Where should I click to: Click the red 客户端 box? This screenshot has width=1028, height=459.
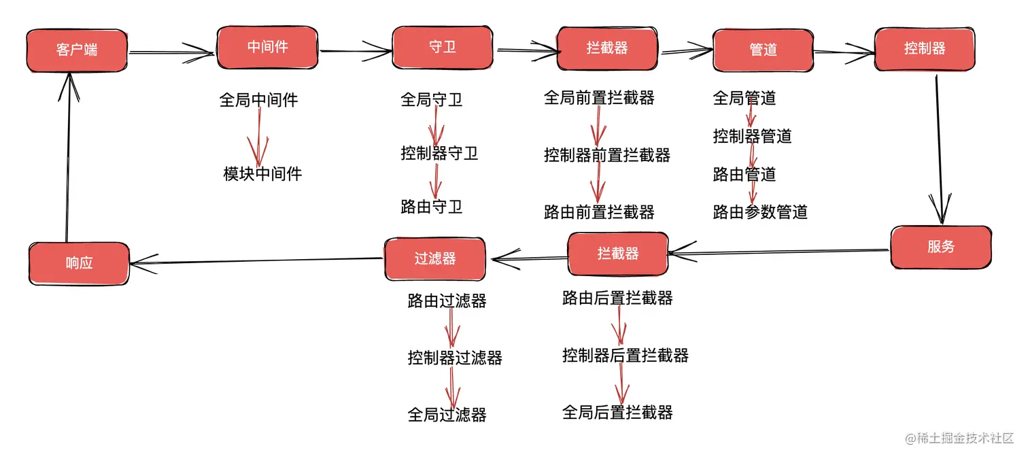point(77,50)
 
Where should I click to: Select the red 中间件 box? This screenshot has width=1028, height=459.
point(268,48)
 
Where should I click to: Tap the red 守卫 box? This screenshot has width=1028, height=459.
point(443,48)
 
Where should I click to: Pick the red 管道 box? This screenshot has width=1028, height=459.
point(763,50)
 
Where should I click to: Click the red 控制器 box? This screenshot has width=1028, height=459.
point(925,49)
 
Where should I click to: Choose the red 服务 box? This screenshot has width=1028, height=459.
point(941,247)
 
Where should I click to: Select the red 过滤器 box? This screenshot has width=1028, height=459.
point(435,259)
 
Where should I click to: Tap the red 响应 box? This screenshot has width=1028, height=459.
point(79,263)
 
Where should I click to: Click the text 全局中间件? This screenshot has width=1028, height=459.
point(259,99)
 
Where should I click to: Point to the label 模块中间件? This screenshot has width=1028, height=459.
point(262,173)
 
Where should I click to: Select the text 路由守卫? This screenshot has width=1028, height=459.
point(431,207)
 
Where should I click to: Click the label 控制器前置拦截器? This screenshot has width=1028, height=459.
point(607,155)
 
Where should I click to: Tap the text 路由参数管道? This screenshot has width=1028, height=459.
point(760,212)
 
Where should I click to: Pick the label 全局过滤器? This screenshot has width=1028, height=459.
point(447,415)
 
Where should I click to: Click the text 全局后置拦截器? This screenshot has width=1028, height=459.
point(618,412)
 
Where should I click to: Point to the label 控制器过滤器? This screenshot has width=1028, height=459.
point(455,358)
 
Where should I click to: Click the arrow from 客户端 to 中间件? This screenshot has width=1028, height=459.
point(171,53)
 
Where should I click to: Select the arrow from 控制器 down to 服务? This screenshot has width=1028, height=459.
point(940,149)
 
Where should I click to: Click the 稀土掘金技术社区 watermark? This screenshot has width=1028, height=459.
point(959,439)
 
